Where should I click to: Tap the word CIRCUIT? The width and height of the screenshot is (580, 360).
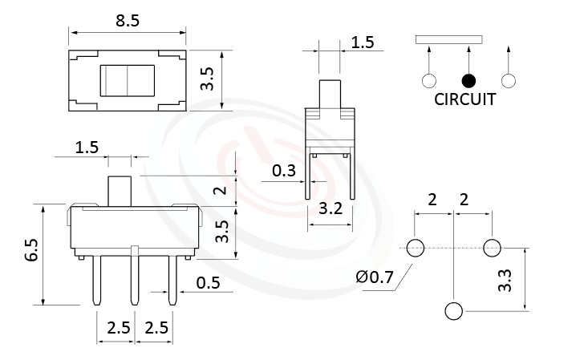(464, 100)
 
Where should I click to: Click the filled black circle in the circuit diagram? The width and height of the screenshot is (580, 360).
(468, 80)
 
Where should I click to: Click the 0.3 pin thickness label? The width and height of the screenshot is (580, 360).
(283, 171)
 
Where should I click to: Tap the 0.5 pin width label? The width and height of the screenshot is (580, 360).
(209, 282)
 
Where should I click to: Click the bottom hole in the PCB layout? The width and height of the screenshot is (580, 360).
(454, 311)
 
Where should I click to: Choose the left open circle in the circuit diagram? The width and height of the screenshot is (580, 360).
(429, 80)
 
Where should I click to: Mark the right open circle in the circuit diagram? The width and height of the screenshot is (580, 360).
(507, 80)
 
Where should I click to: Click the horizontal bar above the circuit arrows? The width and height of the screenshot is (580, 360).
(449, 38)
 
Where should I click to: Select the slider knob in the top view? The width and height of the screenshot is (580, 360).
(128, 80)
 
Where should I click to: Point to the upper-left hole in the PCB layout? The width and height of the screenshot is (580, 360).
(416, 248)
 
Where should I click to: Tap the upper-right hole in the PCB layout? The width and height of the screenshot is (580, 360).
(492, 248)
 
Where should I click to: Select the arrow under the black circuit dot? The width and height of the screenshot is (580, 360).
(468, 59)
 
